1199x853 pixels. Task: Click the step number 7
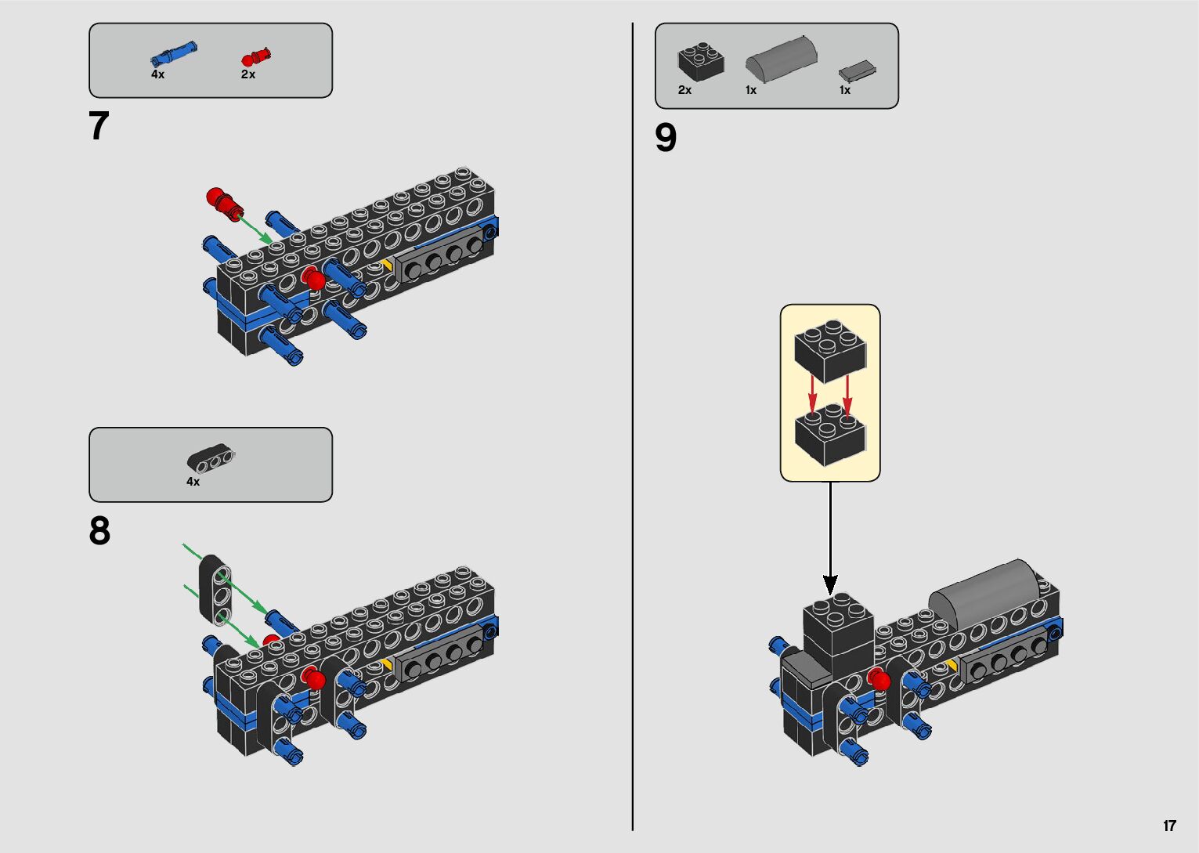point(99,126)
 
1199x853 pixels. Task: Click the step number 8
point(99,531)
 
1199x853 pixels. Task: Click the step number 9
point(666,138)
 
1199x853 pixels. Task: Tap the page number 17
point(1169,826)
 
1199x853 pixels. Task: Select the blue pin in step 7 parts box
point(173,54)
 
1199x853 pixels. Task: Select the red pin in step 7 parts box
point(257,57)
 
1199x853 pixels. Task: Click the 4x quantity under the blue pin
point(157,74)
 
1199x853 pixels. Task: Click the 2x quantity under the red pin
point(247,74)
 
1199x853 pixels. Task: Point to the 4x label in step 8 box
point(193,482)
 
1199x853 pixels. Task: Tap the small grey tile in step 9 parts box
point(857,71)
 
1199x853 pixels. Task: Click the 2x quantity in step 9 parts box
point(684,90)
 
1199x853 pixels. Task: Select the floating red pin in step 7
point(224,202)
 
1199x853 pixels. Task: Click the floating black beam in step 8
point(215,588)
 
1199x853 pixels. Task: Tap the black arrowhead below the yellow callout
point(830,584)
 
